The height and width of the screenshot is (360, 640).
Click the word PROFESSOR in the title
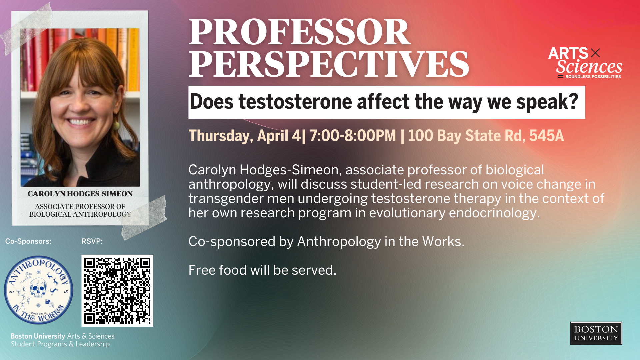pos(299,32)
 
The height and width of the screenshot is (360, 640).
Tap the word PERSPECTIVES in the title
pos(329,64)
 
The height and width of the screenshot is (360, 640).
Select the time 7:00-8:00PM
pos(353,136)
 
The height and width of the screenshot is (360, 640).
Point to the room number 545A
pos(546,136)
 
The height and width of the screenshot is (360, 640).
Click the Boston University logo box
pos(596,333)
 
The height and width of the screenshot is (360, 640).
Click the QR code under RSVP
pos(117,291)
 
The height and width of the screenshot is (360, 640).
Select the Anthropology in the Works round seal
pos(39,290)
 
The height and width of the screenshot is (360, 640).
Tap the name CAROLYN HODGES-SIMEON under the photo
pos(80,194)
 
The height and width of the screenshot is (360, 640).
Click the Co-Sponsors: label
pos(28,241)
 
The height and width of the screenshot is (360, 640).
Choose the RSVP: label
pos(92,241)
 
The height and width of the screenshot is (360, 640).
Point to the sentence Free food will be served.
pos(262,270)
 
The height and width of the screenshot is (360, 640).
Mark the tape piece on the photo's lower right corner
pos(144,217)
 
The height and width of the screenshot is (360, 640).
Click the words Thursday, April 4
pos(245,136)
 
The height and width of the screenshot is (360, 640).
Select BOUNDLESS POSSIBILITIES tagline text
pos(593,77)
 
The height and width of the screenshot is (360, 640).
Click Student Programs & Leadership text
pos(60,344)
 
